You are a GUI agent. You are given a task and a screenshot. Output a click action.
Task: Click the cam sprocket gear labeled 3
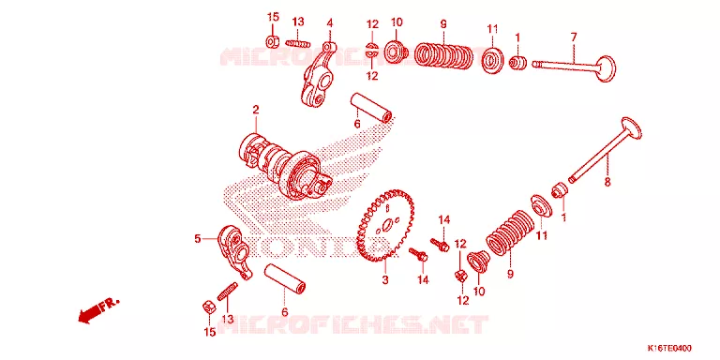point(385,225)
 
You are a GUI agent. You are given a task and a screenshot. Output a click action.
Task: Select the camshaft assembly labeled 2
point(285,168)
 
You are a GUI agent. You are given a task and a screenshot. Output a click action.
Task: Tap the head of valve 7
point(606,68)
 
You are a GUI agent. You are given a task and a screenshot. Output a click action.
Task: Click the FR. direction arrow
point(97,310)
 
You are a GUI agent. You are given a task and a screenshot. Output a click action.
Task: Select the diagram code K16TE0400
point(669,348)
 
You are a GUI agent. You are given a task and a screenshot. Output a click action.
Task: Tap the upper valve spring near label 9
point(443,55)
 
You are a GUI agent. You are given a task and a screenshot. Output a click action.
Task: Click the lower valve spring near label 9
point(510,232)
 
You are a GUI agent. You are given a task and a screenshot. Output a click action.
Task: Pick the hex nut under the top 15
point(273,40)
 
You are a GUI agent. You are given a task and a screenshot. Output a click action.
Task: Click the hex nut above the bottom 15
point(208,307)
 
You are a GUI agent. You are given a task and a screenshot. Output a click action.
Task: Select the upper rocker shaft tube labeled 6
point(372,108)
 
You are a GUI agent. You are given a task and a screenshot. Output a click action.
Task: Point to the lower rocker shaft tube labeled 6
point(286,278)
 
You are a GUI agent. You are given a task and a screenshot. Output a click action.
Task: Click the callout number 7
point(574,37)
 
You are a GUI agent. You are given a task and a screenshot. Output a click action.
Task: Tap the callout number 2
point(255,110)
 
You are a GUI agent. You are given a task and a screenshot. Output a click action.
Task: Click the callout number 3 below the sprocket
point(384,279)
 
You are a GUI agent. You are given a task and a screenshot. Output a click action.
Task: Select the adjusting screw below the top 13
point(298,44)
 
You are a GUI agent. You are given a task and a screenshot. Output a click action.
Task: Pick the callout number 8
point(607,182)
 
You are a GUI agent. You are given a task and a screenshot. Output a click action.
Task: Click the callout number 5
point(198,239)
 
